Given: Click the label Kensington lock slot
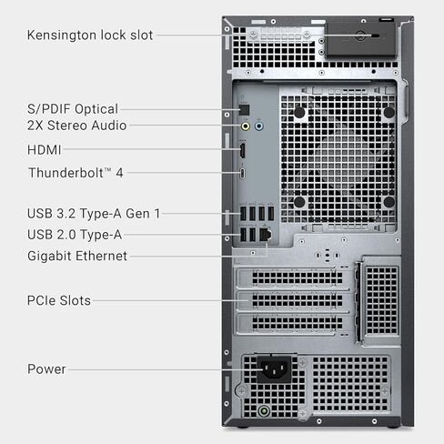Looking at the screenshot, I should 90,35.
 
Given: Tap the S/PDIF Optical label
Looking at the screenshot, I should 72,108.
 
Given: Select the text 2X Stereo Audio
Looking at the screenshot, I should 76,126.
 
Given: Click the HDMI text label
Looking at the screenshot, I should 45,149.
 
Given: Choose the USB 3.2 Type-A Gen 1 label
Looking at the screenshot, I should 94,214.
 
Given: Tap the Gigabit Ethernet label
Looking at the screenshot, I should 77,257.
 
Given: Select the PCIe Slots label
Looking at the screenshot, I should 59,300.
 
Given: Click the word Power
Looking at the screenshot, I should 46,369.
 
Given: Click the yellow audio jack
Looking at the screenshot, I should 243,126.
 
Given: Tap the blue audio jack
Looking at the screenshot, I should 260,126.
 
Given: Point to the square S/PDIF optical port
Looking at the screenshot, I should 243,109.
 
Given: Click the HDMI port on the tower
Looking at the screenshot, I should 243,150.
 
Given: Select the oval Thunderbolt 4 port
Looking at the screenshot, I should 243,173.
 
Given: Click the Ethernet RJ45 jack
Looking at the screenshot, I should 265,235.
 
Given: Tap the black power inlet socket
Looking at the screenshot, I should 275,368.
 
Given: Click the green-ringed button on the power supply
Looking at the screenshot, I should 264,409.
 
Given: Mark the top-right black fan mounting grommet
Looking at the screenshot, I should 388,112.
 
